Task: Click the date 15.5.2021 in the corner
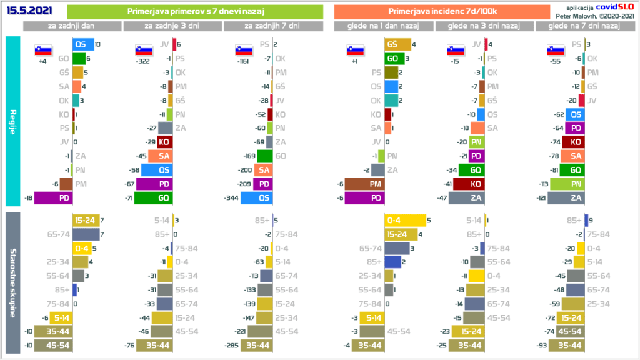pyautogui.click(x=29, y=11)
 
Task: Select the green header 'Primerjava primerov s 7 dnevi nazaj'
pyautogui.click(x=194, y=11)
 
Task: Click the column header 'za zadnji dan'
pyautogui.click(x=72, y=26)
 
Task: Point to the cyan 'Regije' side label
pyautogui.click(x=12, y=121)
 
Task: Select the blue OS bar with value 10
pyautogui.click(x=83, y=44)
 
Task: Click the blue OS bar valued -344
pyautogui.click(x=257, y=197)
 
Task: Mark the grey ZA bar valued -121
pyautogui.click(x=566, y=197)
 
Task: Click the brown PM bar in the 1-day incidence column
pyautogui.click(x=365, y=184)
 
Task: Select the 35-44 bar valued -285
pyautogui.click(x=257, y=344)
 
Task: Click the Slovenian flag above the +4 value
pyautogui.click(x=43, y=51)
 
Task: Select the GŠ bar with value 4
pyautogui.click(x=397, y=44)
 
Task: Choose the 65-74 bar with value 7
pyautogui.click(x=86, y=234)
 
